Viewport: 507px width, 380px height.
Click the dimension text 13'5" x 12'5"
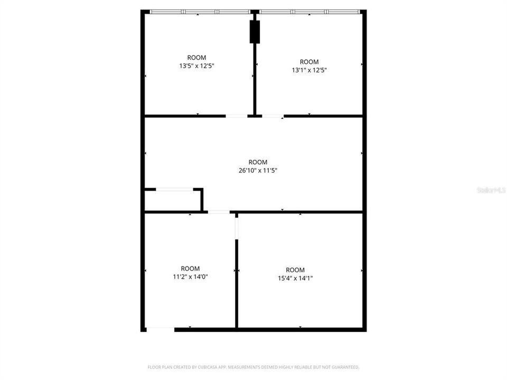point(196,66)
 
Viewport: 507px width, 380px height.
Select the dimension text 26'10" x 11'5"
point(258,170)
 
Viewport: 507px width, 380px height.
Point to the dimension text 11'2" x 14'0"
point(190,277)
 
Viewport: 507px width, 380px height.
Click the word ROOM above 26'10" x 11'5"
point(258,162)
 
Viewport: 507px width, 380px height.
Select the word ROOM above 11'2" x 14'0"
point(190,268)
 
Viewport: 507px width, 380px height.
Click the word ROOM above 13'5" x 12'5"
point(196,58)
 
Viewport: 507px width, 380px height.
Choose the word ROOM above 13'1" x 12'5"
point(309,62)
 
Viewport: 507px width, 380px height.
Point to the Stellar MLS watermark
point(491,189)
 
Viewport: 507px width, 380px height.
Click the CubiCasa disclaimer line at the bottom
point(253,367)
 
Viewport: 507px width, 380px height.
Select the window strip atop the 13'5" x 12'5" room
point(200,12)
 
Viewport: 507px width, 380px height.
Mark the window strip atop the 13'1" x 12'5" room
point(309,12)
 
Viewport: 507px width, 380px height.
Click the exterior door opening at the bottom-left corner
point(160,329)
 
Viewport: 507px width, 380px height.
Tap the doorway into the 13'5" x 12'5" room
point(237,116)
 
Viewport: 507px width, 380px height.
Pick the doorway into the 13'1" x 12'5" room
point(273,116)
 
